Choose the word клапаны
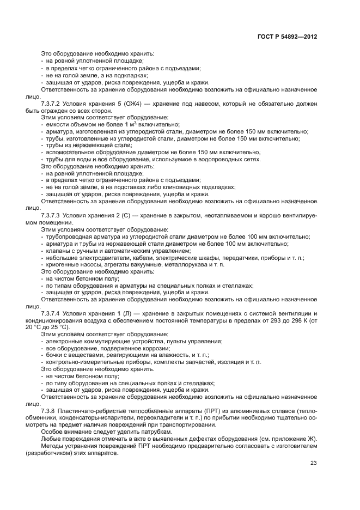click(57, 251)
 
